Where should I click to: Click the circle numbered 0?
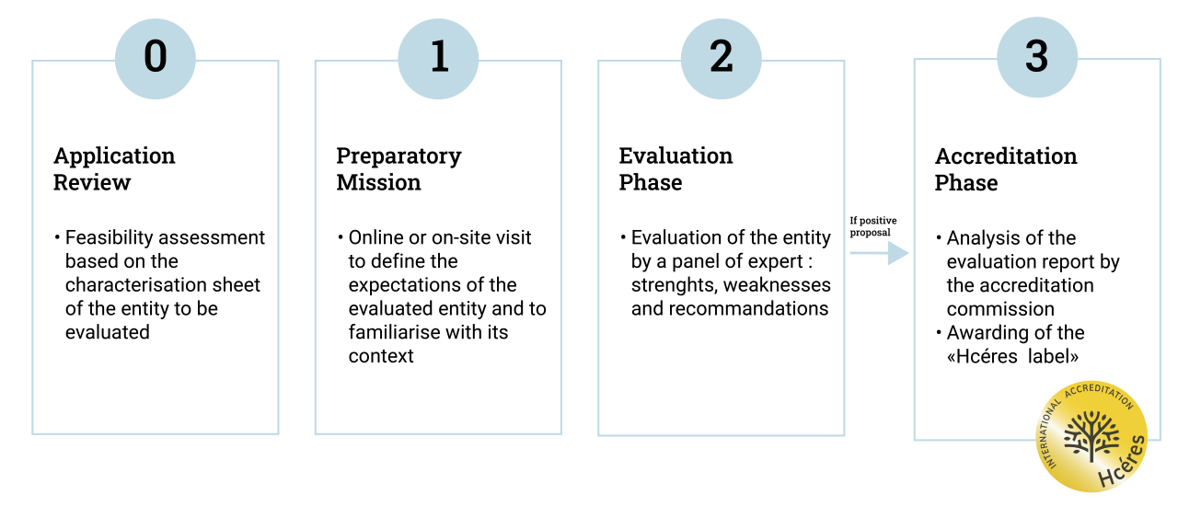click(156, 59)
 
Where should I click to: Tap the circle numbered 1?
click(438, 59)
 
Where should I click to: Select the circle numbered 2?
click(721, 59)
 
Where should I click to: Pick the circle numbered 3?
click(1037, 57)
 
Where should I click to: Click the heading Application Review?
click(114, 168)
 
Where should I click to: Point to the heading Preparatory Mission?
click(398, 168)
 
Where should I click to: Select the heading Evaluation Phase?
click(676, 168)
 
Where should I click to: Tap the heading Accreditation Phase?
click(1006, 169)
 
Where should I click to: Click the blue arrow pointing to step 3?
click(879, 253)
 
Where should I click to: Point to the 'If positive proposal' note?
click(873, 226)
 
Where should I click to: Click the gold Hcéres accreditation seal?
click(1091, 436)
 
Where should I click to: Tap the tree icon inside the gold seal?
click(1091, 435)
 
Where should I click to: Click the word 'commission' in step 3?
click(1000, 309)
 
